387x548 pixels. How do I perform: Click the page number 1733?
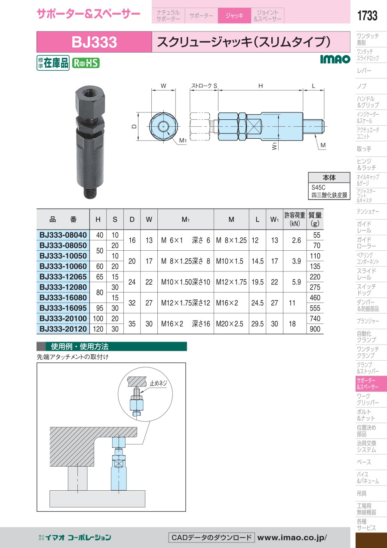click(x=367, y=16)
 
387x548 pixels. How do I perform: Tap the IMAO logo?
click(x=335, y=59)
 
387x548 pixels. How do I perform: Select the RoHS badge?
click(x=86, y=63)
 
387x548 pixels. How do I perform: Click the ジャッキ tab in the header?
click(x=234, y=16)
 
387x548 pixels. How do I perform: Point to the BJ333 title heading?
click(x=94, y=42)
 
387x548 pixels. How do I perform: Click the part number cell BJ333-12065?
click(x=63, y=277)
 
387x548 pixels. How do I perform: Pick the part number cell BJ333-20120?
click(x=63, y=329)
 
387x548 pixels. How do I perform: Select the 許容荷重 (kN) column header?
click(x=295, y=219)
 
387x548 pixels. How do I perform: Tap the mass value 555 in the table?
click(x=315, y=308)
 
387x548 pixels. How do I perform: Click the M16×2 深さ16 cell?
click(x=186, y=324)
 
